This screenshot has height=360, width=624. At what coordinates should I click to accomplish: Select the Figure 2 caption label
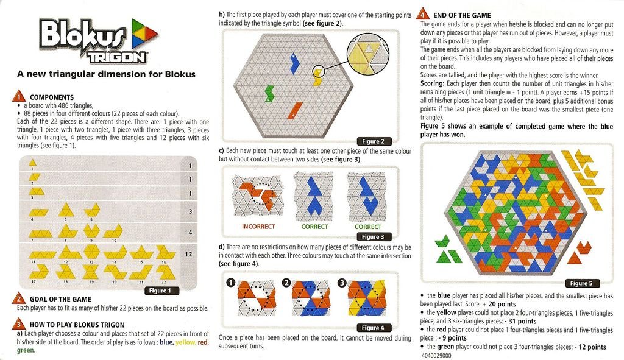coord(373,141)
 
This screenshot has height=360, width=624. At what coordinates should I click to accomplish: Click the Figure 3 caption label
coord(373,236)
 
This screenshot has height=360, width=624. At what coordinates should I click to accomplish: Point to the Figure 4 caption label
coord(373,328)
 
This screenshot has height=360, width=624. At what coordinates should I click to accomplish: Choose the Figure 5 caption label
coord(581,283)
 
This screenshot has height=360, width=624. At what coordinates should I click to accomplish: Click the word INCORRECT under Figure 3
coord(258,227)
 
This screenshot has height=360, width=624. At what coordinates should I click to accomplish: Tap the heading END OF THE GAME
coord(462,15)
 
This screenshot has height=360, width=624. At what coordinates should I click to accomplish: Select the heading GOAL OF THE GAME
coord(60,299)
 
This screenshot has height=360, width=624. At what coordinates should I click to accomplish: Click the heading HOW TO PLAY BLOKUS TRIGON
coord(77,325)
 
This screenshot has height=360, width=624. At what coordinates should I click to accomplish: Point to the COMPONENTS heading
coord(52,97)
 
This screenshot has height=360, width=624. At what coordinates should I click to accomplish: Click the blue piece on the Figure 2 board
coord(294,63)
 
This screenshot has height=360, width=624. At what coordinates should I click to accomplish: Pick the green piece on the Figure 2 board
coord(269,93)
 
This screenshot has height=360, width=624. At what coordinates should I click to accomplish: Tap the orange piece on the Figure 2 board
coord(295,110)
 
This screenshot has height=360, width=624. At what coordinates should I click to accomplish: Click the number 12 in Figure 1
coord(189,254)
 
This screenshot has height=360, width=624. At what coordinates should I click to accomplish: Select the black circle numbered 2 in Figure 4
coord(286,283)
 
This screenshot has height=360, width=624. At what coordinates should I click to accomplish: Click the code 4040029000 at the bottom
coord(436,355)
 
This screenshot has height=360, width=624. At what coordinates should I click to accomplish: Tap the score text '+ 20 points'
coord(499,304)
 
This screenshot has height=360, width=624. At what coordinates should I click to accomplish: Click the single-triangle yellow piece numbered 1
coord(33,162)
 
